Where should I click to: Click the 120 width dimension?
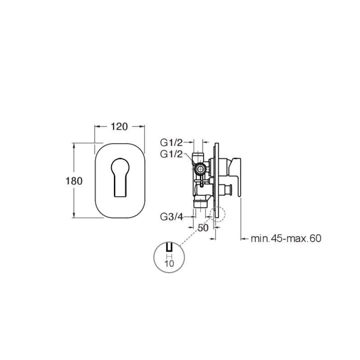[x=119, y=126]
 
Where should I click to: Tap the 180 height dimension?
[x=74, y=181]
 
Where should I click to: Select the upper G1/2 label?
[x=171, y=143]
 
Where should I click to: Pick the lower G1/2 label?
[x=171, y=154]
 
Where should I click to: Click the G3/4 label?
[x=171, y=216]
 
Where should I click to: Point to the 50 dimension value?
[x=203, y=228]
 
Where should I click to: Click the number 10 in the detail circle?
[x=169, y=263]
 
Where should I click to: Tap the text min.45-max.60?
[x=286, y=238]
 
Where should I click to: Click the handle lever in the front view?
[x=120, y=177]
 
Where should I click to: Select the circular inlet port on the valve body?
[x=200, y=170]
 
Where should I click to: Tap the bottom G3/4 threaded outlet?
[x=201, y=204]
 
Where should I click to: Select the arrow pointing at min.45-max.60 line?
[x=245, y=239]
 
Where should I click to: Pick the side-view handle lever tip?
[x=239, y=195]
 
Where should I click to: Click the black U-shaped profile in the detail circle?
[x=169, y=247]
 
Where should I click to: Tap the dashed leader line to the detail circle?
[x=195, y=231]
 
